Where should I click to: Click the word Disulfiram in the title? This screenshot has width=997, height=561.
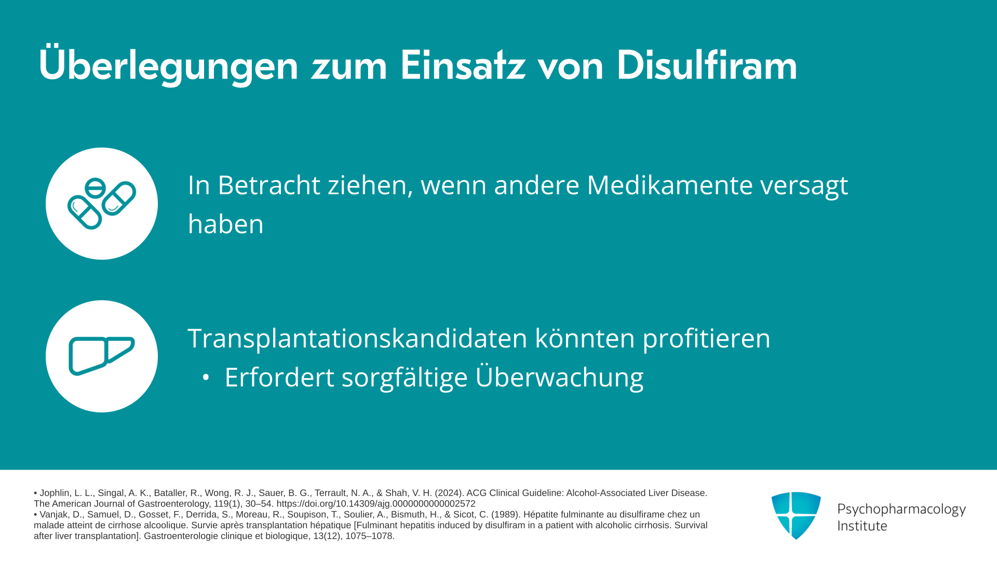pyautogui.click(x=707, y=65)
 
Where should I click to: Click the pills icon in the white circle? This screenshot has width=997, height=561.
pyautogui.click(x=102, y=204)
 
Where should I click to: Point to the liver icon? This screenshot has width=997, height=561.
pyautogui.click(x=102, y=356)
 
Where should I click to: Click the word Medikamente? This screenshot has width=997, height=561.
pyautogui.click(x=670, y=185)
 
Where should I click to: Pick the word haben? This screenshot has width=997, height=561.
pyautogui.click(x=226, y=224)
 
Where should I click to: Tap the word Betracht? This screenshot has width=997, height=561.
pyautogui.click(x=269, y=185)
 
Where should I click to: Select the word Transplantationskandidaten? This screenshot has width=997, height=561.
pyautogui.click(x=358, y=338)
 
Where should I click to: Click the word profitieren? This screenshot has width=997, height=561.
pyautogui.click(x=707, y=339)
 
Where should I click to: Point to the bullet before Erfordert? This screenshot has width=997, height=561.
pyautogui.click(x=206, y=378)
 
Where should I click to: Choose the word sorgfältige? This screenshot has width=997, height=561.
pyautogui.click(x=405, y=378)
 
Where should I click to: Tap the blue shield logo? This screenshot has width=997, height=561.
pyautogui.click(x=796, y=515)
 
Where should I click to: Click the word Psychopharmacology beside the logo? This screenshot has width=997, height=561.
pyautogui.click(x=901, y=509)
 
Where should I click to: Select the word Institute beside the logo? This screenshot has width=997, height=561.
pyautogui.click(x=863, y=526)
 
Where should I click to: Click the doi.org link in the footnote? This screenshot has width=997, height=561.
pyautogui.click(x=376, y=504)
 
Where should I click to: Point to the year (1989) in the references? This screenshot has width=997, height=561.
pyautogui.click(x=503, y=515)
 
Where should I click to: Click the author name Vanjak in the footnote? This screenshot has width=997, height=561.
pyautogui.click(x=54, y=515)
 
